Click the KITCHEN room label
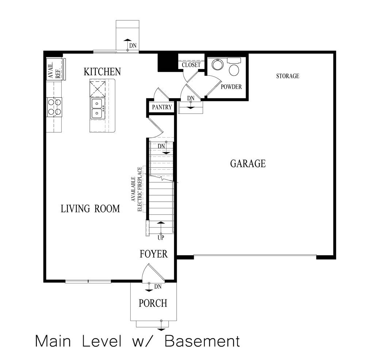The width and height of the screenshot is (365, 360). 102,71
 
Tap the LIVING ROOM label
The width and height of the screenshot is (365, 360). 90,209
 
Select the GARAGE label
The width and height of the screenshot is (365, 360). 248,163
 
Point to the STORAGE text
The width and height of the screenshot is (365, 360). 288,76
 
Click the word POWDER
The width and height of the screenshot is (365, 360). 231,87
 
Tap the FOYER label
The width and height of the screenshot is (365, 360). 154,254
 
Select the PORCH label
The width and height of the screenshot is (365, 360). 153,303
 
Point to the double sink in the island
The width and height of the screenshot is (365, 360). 97,108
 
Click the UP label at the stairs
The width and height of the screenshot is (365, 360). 161,237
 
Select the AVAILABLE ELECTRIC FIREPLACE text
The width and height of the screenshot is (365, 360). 137,189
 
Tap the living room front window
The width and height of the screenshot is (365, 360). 88,281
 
